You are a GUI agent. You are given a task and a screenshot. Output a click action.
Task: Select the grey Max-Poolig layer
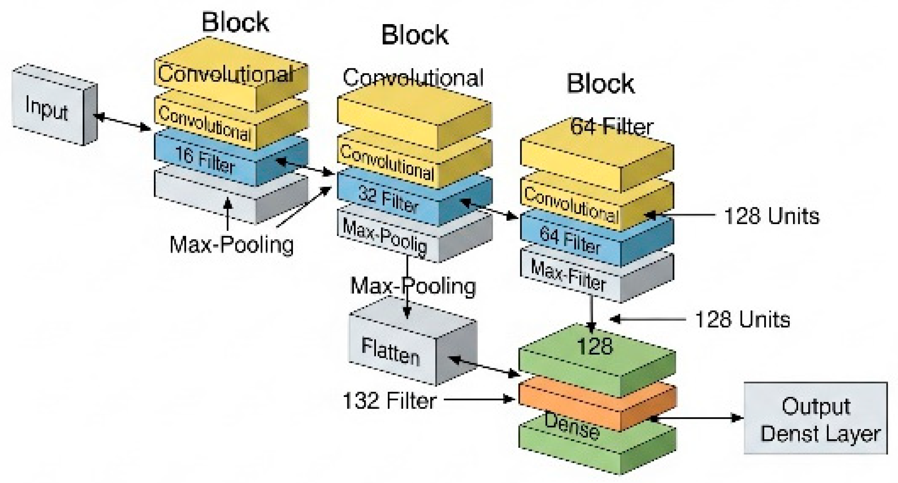tap(386, 237)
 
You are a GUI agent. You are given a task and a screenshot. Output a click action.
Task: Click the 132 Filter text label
tap(389, 401)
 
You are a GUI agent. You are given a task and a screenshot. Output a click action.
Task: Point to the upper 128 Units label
tap(771, 216)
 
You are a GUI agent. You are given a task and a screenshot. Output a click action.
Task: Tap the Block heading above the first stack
tap(235, 22)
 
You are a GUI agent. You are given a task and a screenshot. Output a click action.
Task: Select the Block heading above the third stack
tap(601, 83)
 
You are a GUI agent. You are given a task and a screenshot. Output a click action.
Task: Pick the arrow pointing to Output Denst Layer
tap(697, 418)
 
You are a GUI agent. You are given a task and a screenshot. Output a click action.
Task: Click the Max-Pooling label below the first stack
tap(232, 245)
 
